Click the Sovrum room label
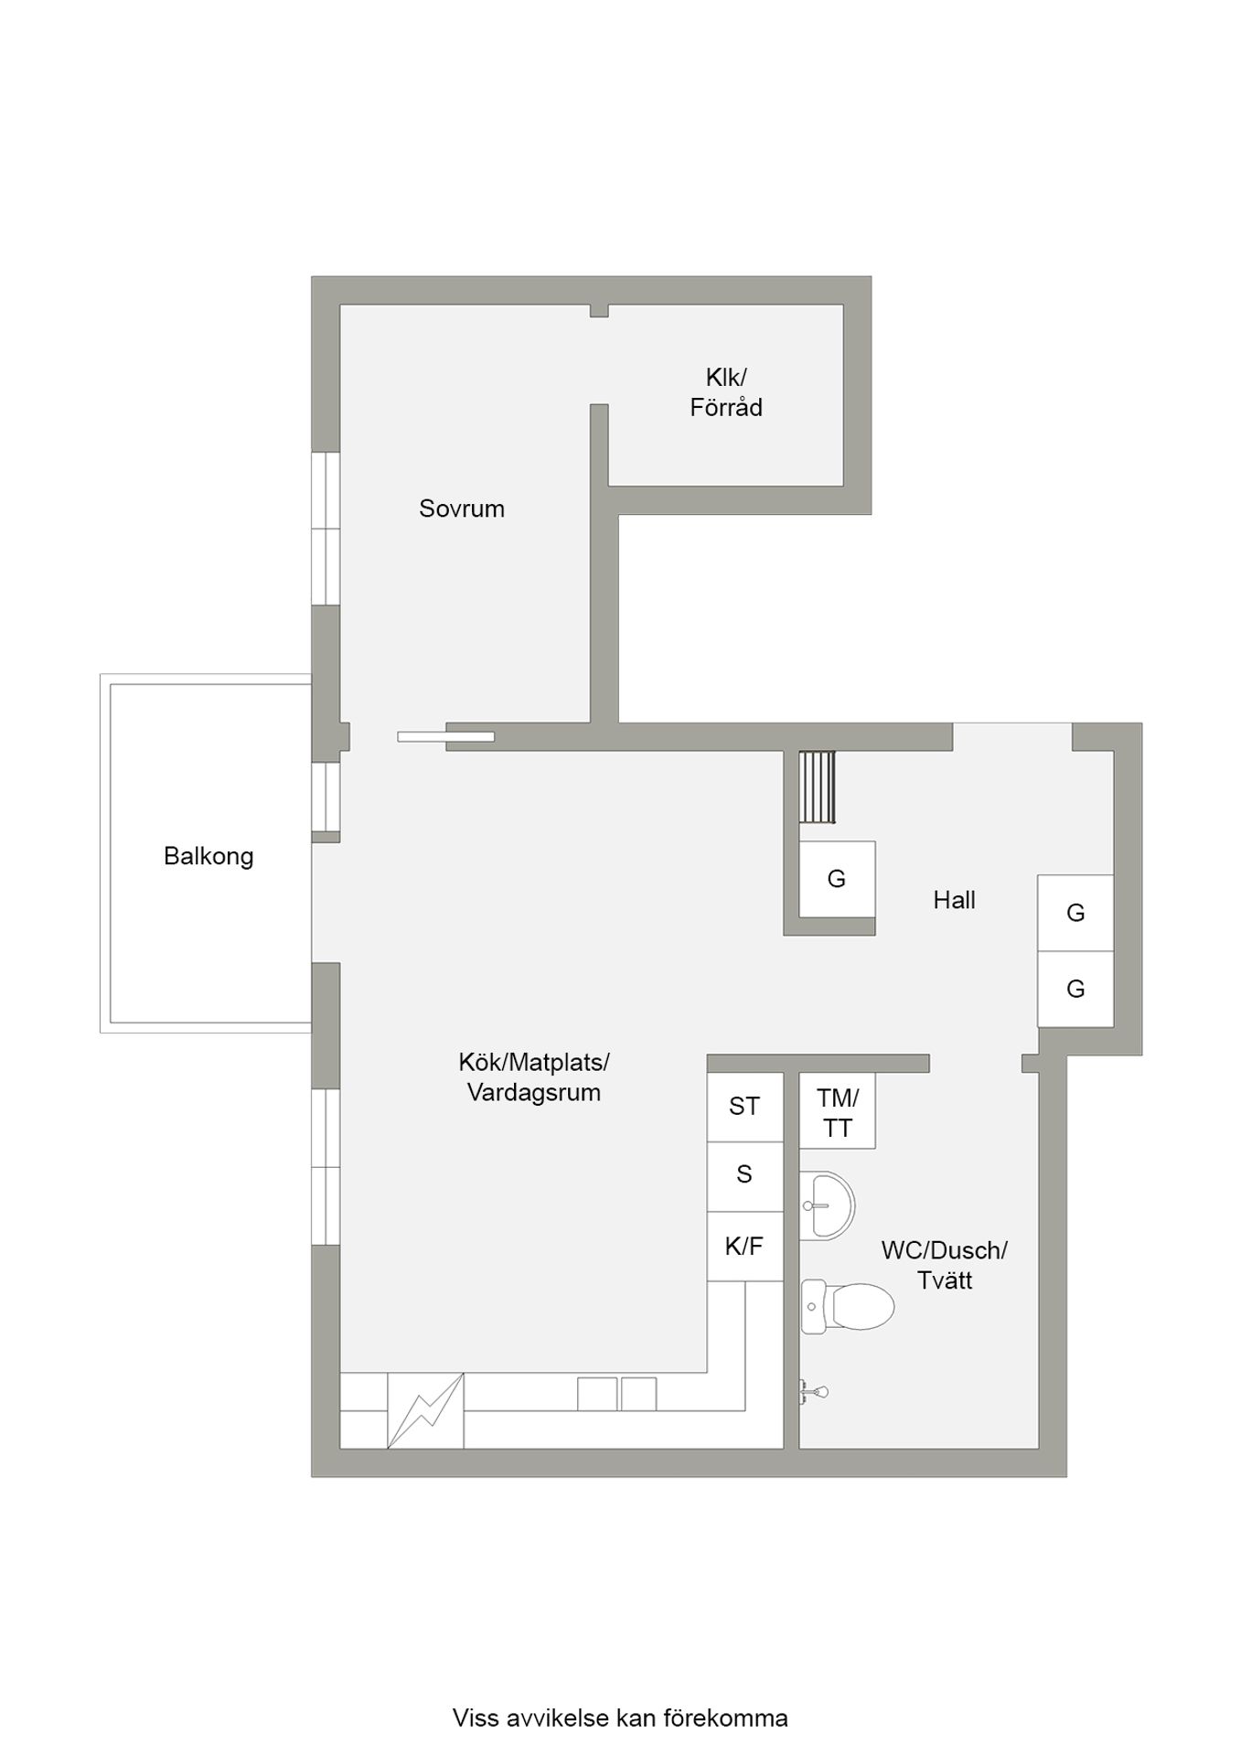[462, 509]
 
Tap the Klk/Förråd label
[726, 392]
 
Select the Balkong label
[209, 856]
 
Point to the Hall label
[954, 900]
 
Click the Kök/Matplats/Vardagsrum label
[534, 1077]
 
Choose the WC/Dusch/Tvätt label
[945, 1265]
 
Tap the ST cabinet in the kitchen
[744, 1107]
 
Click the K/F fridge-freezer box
[744, 1246]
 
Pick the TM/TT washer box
[838, 1110]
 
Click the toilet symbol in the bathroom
[847, 1306]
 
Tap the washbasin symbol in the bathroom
[827, 1205]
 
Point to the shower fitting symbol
[814, 1392]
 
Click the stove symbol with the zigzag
[425, 1410]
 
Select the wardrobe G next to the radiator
[837, 879]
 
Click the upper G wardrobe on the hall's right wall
[1075, 913]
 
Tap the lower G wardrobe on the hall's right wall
[1075, 989]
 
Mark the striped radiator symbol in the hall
[817, 787]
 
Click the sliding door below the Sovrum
[446, 736]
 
